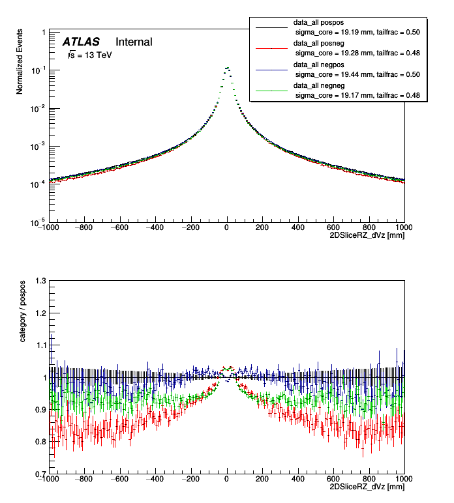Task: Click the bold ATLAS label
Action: [81, 42]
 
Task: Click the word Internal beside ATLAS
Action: [134, 42]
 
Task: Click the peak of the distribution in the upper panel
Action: [226, 67]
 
